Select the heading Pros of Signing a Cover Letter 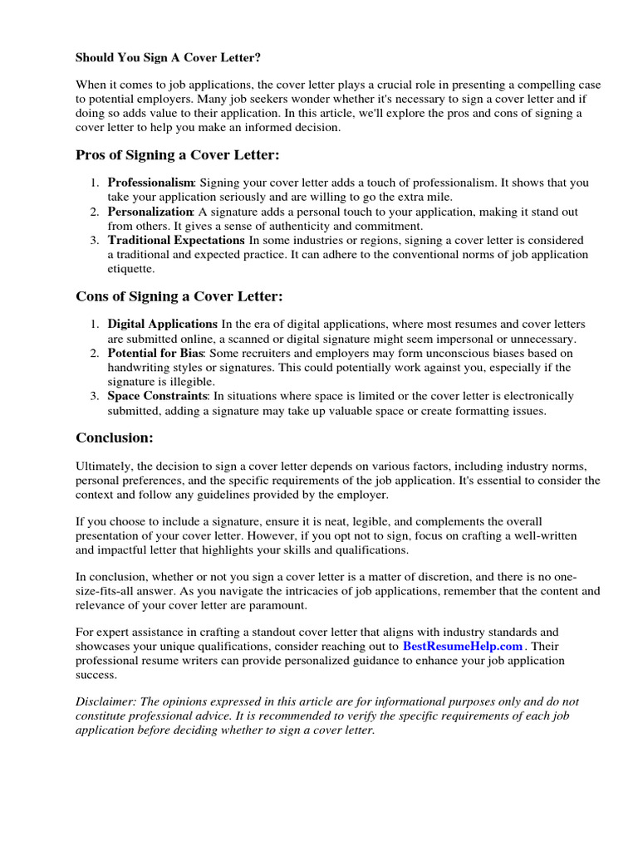tap(178, 155)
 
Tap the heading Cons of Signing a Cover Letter tap(179, 296)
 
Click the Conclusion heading tap(115, 437)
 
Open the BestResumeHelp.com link tap(463, 645)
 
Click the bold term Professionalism tap(150, 183)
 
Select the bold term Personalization tap(150, 212)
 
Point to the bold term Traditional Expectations tap(176, 240)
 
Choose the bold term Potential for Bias tap(156, 353)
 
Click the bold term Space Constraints tap(157, 396)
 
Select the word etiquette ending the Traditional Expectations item tap(132, 269)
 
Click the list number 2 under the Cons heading tap(96, 353)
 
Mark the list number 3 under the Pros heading tap(96, 240)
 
